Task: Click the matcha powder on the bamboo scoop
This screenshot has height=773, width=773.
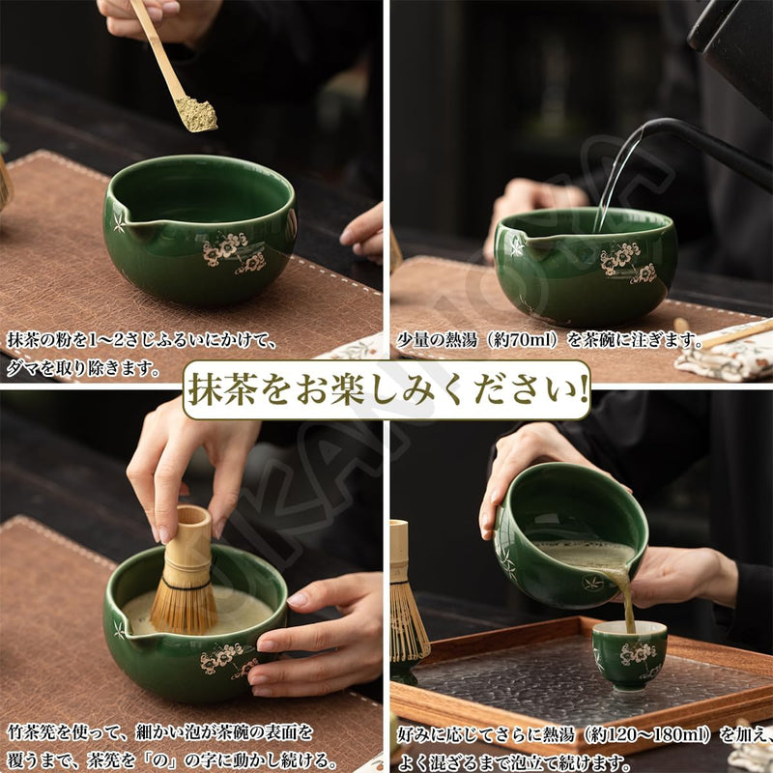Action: point(197,114)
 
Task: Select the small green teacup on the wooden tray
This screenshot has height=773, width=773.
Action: point(629,655)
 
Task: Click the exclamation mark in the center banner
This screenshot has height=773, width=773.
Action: point(583,389)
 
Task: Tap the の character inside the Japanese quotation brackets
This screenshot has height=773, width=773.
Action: point(161,759)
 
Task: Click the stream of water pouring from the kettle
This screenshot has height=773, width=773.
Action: point(616,178)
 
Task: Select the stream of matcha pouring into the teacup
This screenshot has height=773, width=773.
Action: point(626,599)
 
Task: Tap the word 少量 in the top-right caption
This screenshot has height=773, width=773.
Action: point(413,340)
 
